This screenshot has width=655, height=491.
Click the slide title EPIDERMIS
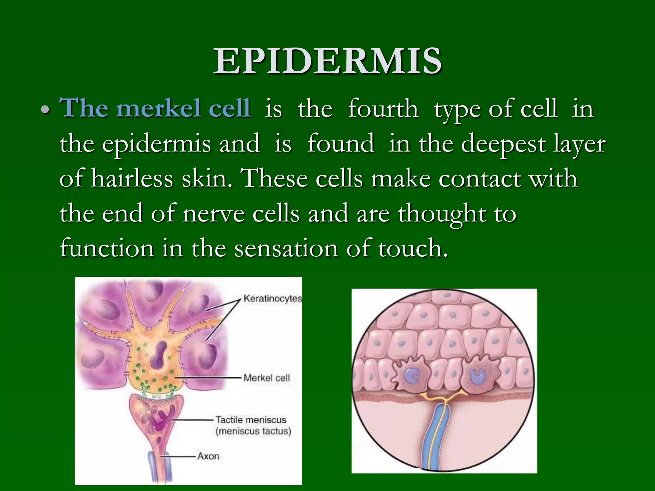327,61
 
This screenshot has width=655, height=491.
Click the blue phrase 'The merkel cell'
155,108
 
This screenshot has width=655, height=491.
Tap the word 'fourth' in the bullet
383,109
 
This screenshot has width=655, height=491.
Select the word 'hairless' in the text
132,178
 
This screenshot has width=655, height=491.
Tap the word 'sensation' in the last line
286,248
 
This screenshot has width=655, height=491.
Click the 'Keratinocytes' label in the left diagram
272,299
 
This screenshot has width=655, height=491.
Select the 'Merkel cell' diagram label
266,378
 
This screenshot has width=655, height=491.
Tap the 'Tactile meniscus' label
251,419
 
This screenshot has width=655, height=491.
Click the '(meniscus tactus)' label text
253,431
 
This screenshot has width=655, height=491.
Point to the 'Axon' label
208,456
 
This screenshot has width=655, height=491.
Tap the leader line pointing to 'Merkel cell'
208,378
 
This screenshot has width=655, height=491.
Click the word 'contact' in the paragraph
480,178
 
